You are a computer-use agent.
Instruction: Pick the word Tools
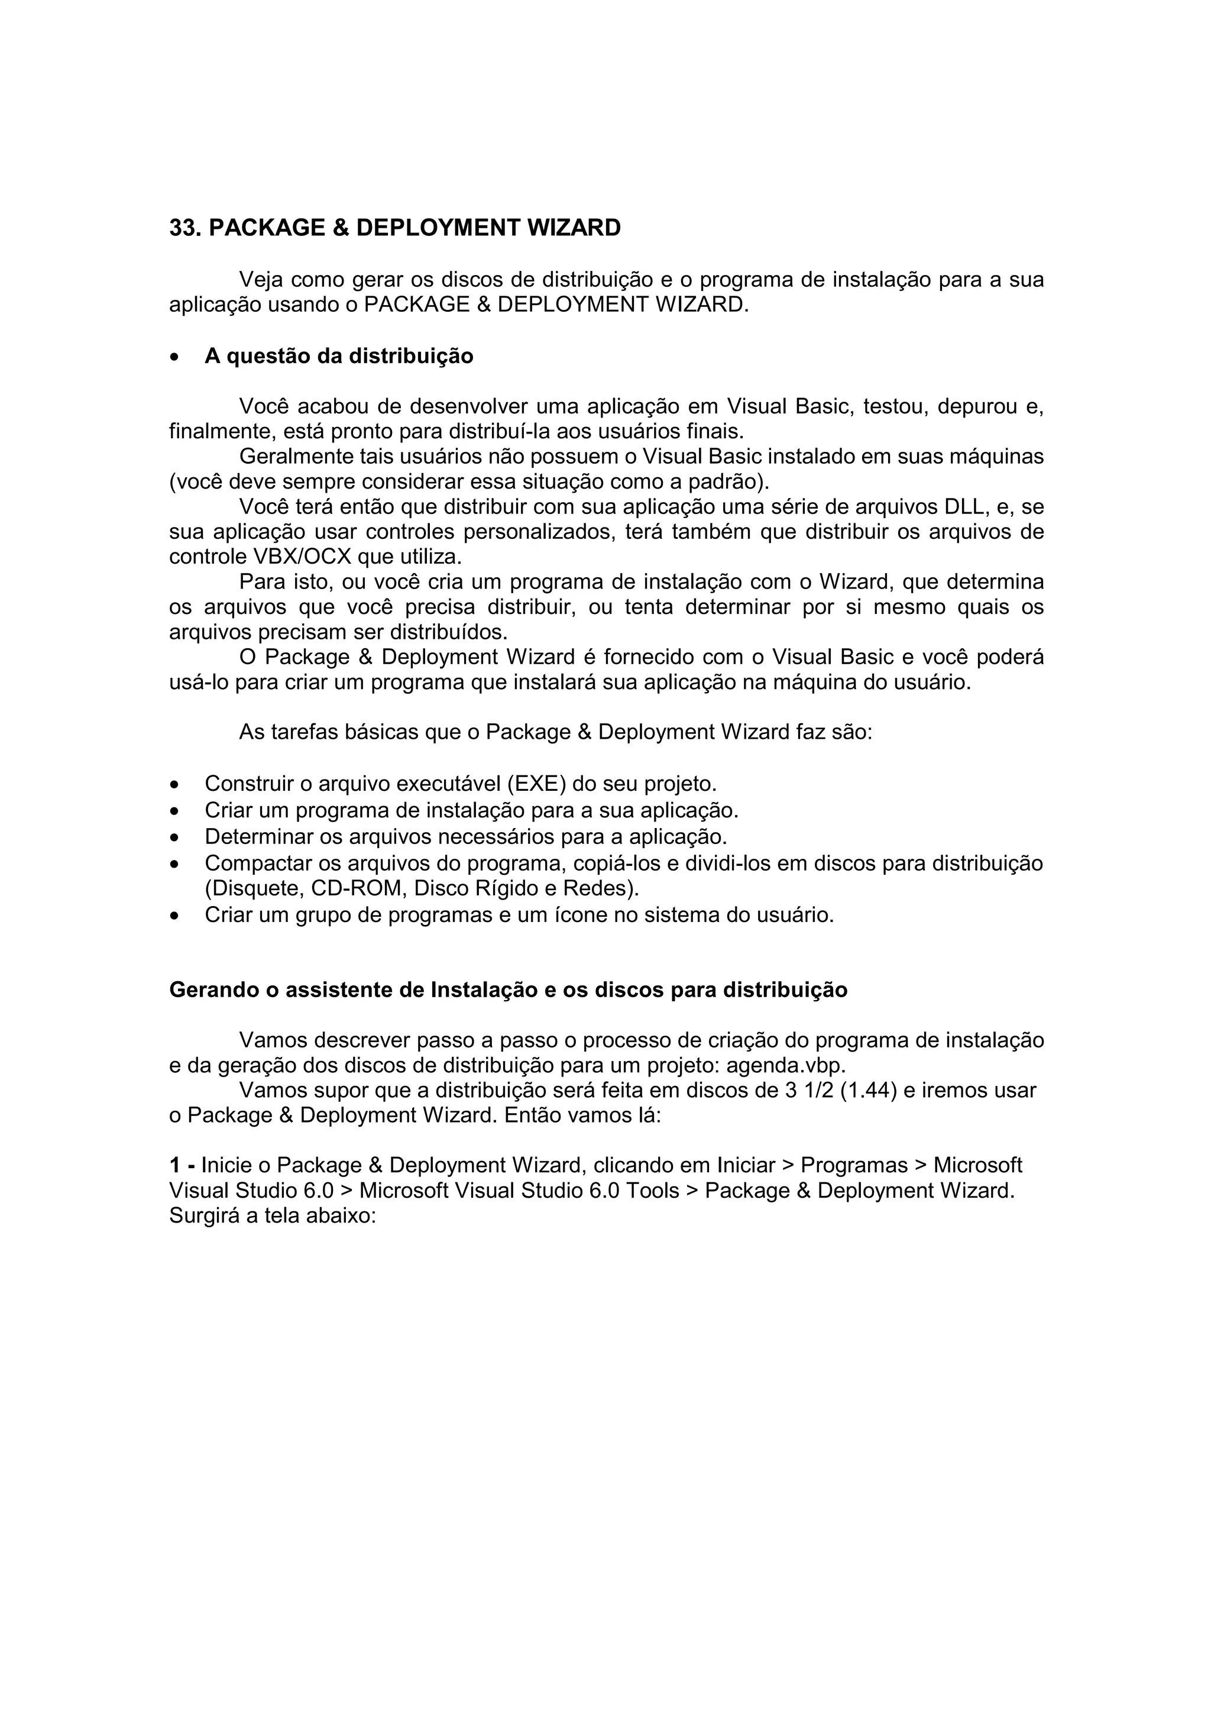652,1191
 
